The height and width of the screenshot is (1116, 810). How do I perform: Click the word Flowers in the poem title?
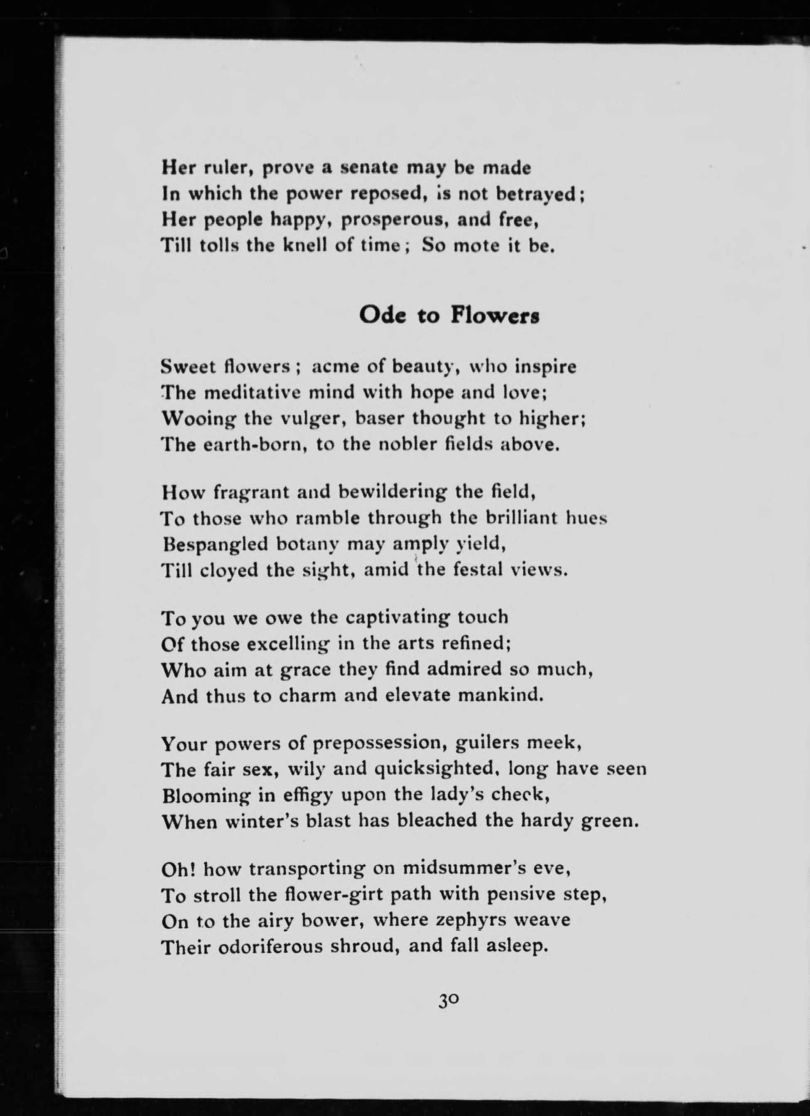495,316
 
